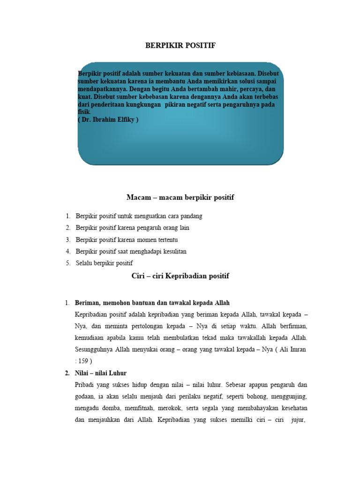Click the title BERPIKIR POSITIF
click(180, 45)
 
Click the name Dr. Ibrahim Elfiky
click(109, 120)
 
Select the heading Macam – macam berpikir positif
click(180, 197)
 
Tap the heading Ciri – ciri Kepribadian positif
click(180, 276)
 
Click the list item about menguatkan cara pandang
click(139, 216)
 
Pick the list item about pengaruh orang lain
click(133, 228)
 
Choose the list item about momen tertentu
click(127, 240)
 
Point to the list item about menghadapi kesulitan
click(131, 251)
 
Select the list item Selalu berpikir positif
click(105, 263)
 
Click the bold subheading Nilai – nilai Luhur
click(100, 373)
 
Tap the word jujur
click(298, 420)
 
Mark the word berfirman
click(290, 326)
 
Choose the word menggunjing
click(287, 397)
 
